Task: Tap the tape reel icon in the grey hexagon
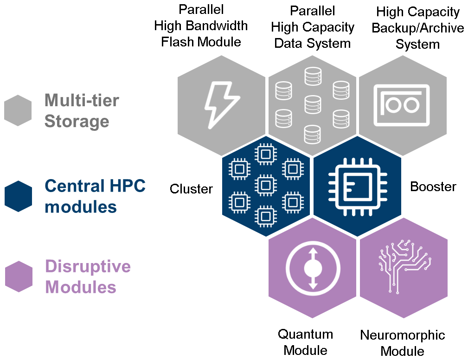coord(402,105)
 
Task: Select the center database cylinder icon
coord(313,104)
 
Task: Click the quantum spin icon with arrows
coord(313,269)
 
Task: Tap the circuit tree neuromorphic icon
coord(404,268)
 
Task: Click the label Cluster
coord(191,189)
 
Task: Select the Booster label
coord(433,187)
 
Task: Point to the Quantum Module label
coord(305,342)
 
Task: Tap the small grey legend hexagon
coord(18,110)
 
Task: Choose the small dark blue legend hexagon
coord(18,196)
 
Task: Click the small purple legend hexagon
coord(18,276)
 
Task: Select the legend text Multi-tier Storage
coord(82,110)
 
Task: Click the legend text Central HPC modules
coord(95,196)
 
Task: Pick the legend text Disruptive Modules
coord(87,276)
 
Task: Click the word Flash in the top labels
coord(178,42)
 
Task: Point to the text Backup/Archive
coord(417,28)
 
